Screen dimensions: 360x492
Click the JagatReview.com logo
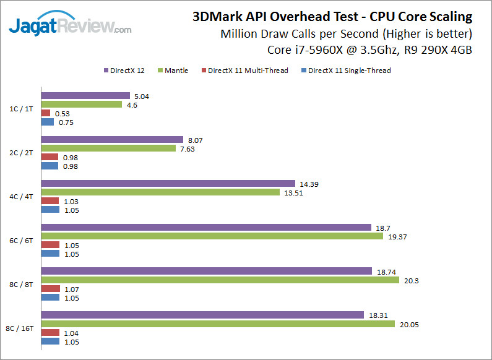click(69, 26)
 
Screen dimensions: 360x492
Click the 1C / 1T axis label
click(24, 109)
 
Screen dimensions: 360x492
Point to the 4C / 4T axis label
click(24, 197)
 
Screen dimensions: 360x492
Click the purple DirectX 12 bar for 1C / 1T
click(85, 96)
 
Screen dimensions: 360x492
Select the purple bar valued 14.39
click(168, 184)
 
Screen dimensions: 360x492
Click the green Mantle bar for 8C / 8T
click(220, 280)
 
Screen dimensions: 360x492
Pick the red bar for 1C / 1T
click(46, 113)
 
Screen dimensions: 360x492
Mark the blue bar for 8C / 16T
click(50, 341)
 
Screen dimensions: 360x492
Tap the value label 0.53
click(62, 113)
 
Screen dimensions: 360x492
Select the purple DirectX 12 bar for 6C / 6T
click(205, 228)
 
